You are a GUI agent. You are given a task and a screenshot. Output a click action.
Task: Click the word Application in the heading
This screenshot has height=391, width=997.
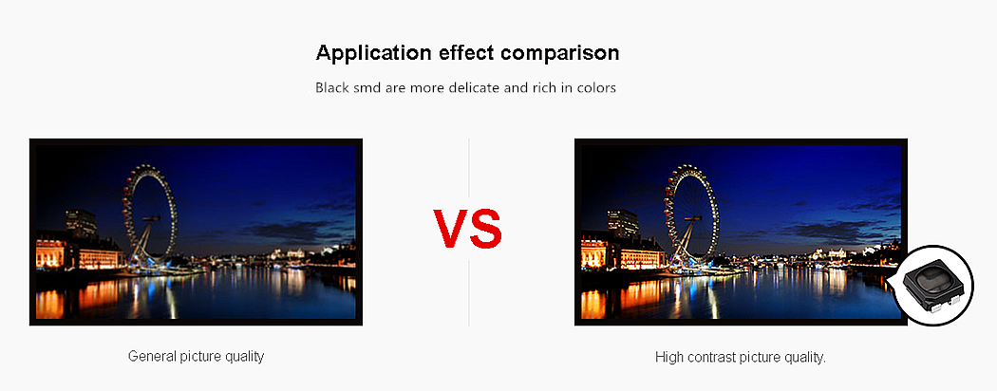point(374,53)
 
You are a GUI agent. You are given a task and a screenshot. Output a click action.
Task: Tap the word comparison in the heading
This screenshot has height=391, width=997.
point(560,52)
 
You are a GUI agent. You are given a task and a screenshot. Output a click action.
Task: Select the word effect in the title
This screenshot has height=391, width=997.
point(467,52)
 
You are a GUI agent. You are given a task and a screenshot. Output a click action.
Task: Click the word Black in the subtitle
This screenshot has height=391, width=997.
point(332,87)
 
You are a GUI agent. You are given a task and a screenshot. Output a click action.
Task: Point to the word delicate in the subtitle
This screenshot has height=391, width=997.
point(475,87)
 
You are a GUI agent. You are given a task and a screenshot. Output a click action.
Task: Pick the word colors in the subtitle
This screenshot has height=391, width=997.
point(596,87)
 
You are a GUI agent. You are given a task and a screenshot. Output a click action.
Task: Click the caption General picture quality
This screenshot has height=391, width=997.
point(196,356)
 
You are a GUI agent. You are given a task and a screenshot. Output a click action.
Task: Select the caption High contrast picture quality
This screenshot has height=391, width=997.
point(740,357)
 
